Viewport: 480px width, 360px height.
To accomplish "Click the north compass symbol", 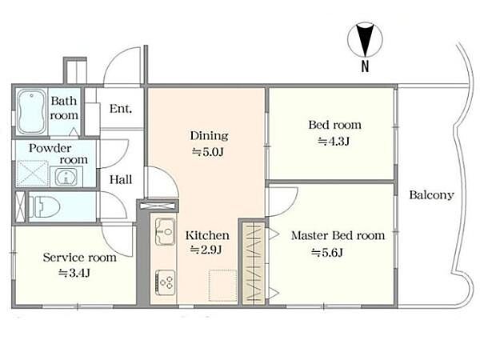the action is click(x=365, y=40).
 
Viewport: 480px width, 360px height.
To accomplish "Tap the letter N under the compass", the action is click(x=365, y=66).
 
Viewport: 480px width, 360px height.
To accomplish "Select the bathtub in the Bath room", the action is click(x=31, y=111).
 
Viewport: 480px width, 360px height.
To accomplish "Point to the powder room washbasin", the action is click(x=66, y=176).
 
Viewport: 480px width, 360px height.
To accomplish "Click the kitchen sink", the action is click(x=165, y=231).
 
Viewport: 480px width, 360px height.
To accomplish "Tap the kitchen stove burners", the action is click(x=165, y=282).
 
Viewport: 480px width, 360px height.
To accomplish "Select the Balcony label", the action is click(x=432, y=195).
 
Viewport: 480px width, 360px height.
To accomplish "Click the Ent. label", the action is click(x=121, y=109).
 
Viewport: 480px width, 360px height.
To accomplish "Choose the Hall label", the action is click(x=121, y=179).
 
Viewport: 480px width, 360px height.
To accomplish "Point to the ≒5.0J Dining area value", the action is click(x=208, y=152).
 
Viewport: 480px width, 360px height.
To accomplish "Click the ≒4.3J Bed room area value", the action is click(x=334, y=141).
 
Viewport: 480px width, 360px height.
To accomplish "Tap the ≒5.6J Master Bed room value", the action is click(x=327, y=253).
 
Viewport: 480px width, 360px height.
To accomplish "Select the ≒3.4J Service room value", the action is click(x=74, y=273).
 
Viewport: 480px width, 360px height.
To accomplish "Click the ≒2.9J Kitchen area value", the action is click(x=206, y=250).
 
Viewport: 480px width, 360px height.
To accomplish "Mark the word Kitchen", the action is click(x=207, y=235).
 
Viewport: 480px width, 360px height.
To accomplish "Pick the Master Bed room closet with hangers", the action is click(x=254, y=263).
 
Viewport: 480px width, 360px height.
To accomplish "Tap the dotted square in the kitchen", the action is click(x=223, y=286).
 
